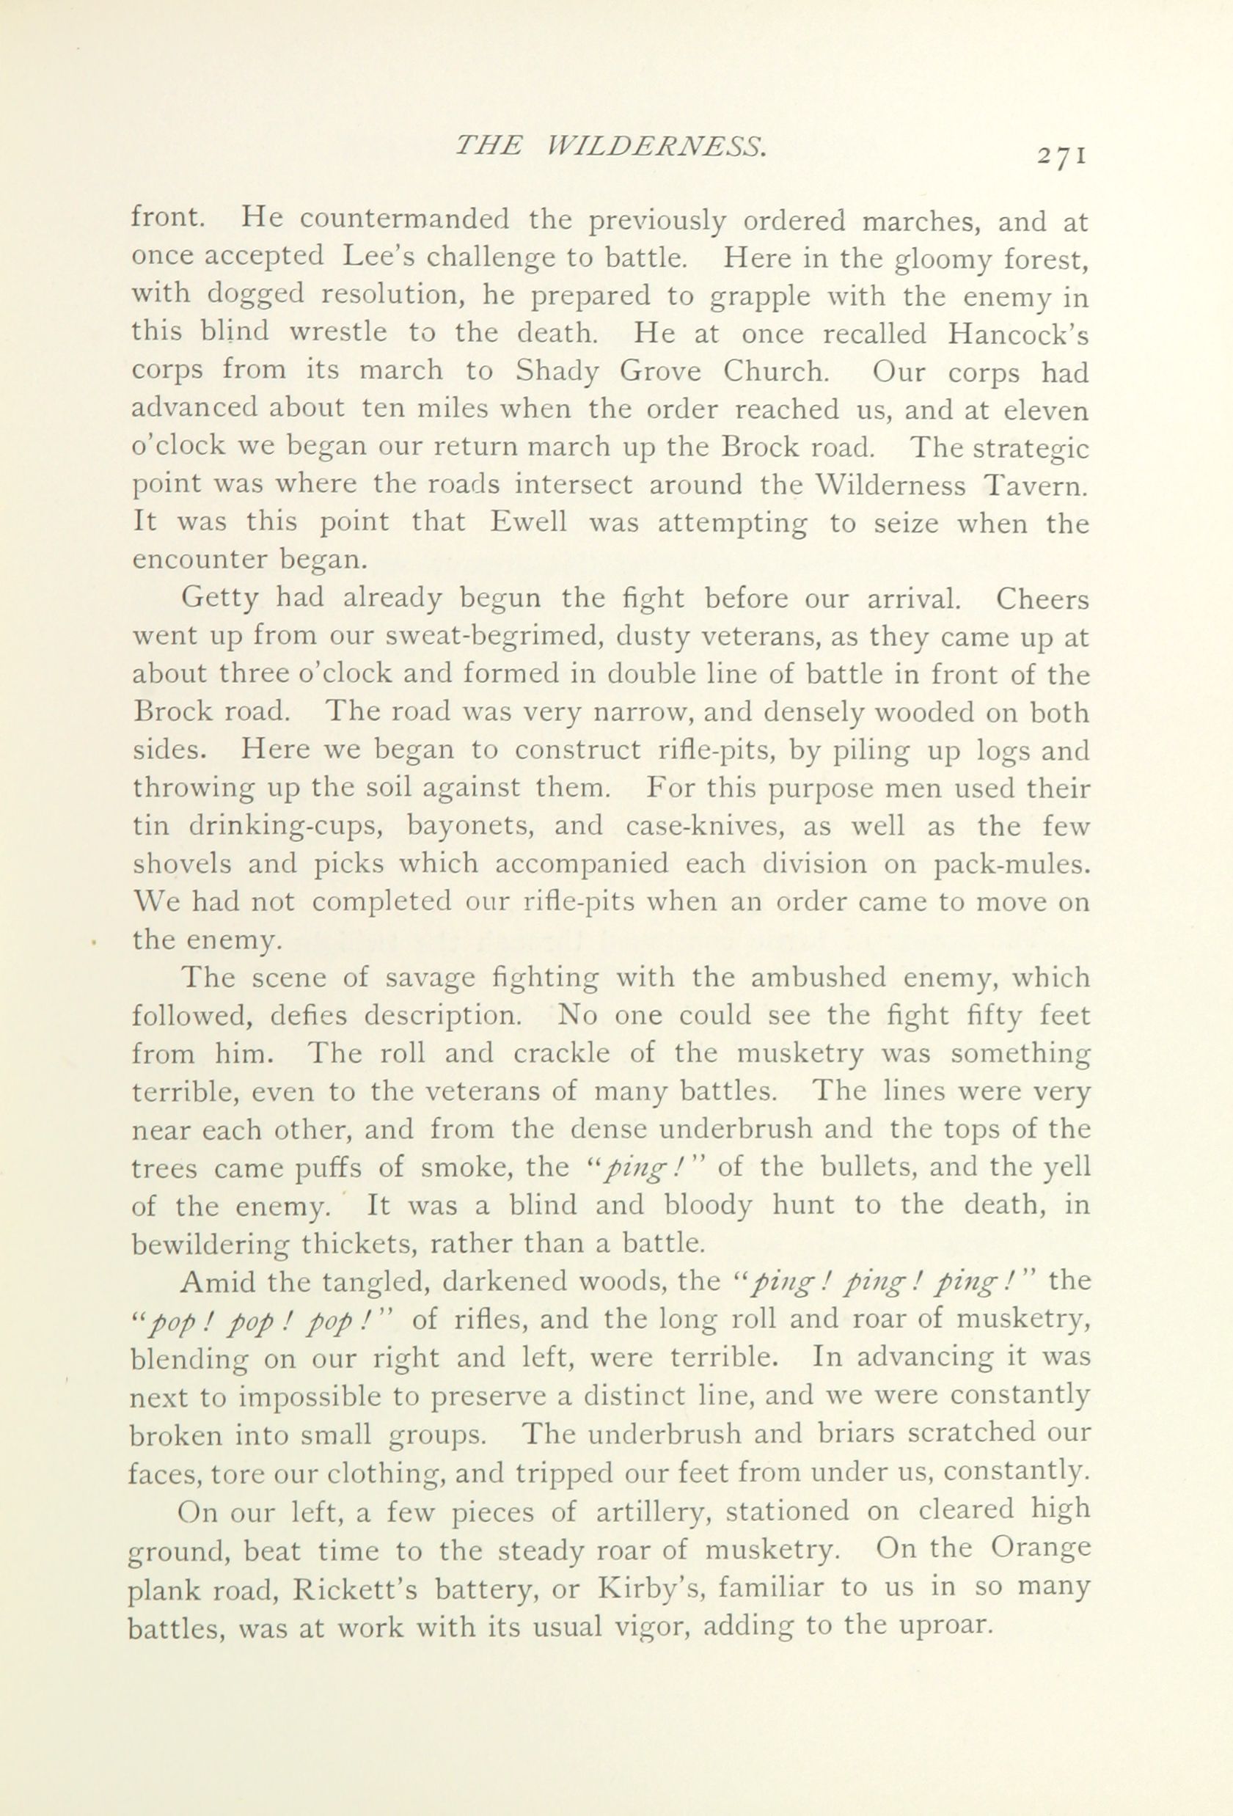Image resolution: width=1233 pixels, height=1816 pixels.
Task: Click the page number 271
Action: tap(1061, 155)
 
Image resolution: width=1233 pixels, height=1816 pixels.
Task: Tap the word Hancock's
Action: tap(1018, 334)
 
